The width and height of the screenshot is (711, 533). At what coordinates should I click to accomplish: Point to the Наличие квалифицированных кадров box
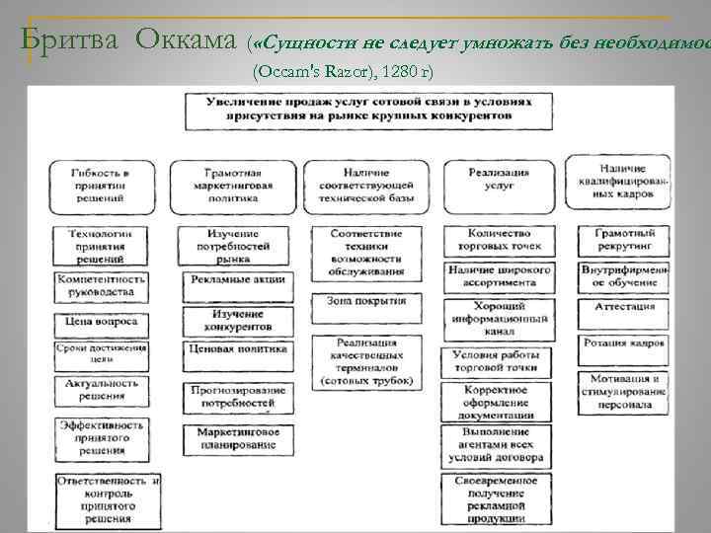click(620, 182)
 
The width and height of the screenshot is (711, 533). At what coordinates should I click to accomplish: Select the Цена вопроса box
click(103, 322)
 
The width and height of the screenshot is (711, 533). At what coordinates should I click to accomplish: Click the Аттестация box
click(623, 307)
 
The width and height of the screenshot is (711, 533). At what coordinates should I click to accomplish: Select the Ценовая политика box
click(233, 349)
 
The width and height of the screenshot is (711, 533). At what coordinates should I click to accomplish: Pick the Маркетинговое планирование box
click(234, 438)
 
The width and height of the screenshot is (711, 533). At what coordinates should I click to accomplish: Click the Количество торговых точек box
click(499, 240)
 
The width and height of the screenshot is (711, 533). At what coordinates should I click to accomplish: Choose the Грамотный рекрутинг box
click(623, 240)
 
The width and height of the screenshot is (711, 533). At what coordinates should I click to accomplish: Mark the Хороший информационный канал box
click(499, 318)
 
